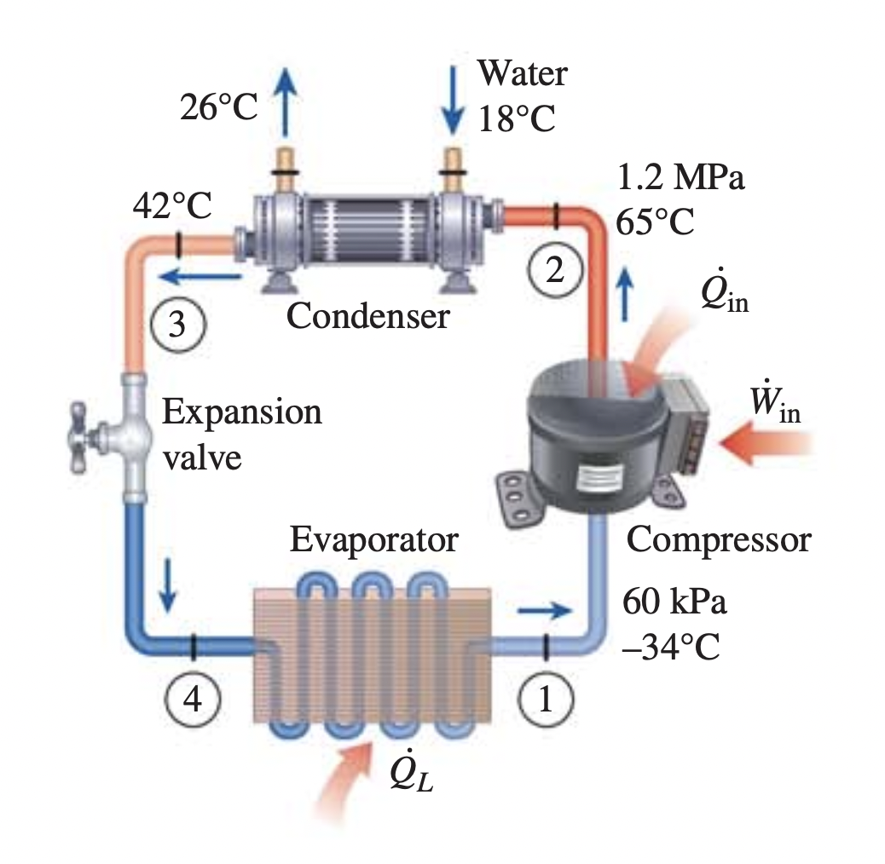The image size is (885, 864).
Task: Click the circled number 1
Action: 544,700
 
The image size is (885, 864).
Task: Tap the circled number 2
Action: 555,270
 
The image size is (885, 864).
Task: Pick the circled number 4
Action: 194,700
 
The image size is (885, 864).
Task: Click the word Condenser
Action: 367,317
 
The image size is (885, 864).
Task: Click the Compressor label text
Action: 719,539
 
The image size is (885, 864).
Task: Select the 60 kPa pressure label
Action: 674,602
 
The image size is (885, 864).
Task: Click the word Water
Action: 521,73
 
